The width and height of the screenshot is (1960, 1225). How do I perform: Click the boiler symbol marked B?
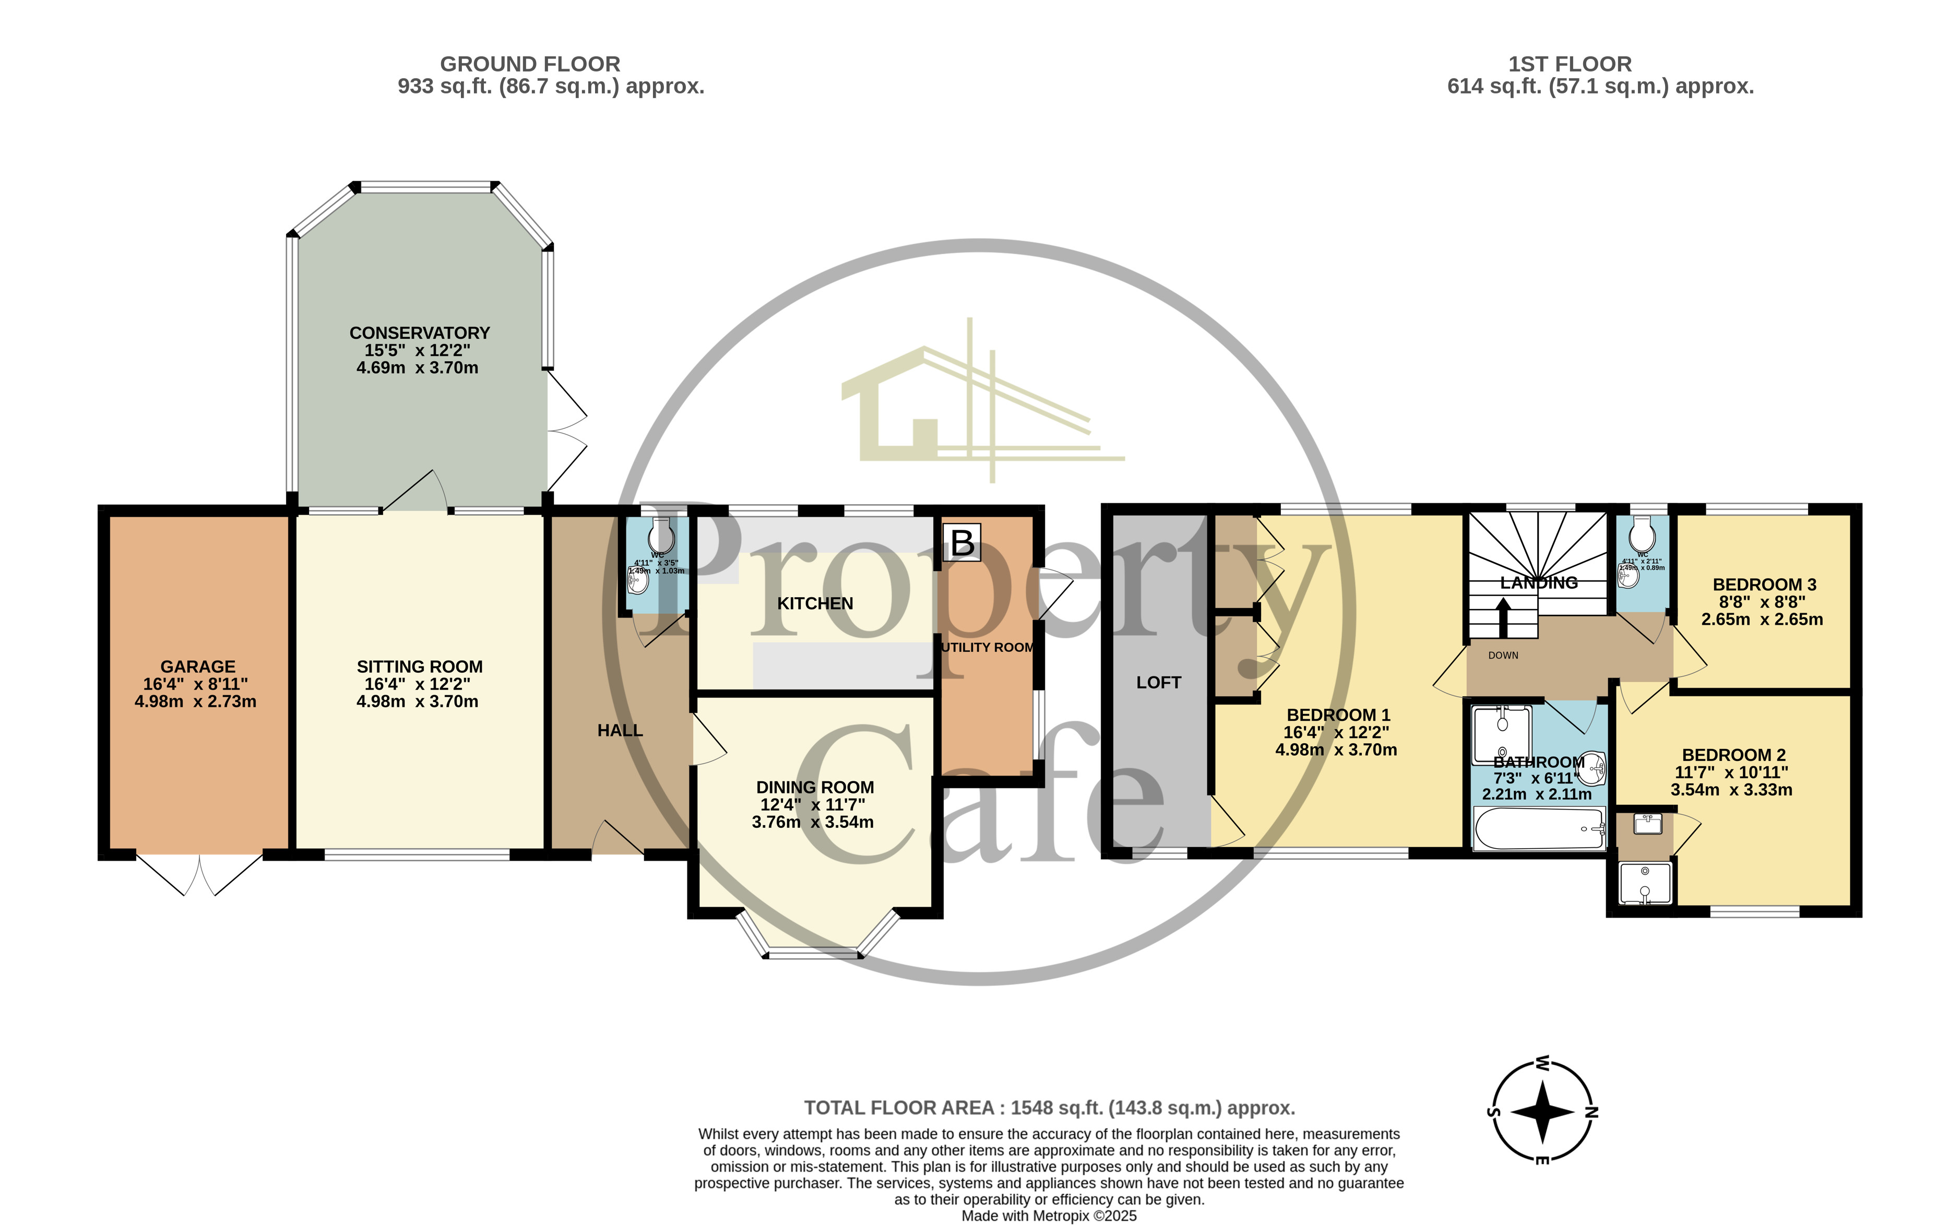[x=962, y=542]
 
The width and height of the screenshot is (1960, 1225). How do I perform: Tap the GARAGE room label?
[x=198, y=667]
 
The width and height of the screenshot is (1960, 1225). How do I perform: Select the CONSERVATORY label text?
[x=419, y=333]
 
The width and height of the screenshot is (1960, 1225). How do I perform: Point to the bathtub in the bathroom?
[x=1538, y=828]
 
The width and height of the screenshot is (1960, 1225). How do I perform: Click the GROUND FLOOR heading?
[x=530, y=64]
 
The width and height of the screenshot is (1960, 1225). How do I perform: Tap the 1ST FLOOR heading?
[x=1570, y=64]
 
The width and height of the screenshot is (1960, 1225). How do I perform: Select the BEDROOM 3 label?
[x=1764, y=584]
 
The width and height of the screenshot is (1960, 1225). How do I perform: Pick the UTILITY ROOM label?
[x=987, y=647]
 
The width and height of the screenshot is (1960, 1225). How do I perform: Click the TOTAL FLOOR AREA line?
[x=1049, y=1108]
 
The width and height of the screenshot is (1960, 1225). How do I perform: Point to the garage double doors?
[x=199, y=873]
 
